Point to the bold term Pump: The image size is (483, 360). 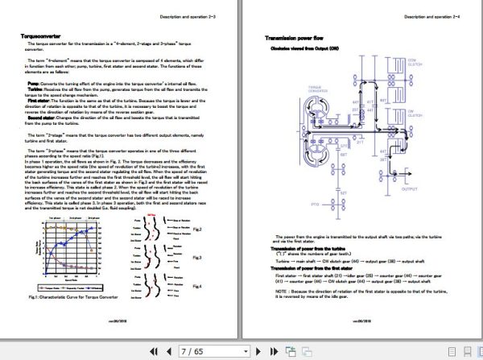click(x=34, y=83)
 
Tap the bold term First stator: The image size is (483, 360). click(x=39, y=100)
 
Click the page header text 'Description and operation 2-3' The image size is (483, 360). click(x=192, y=16)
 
